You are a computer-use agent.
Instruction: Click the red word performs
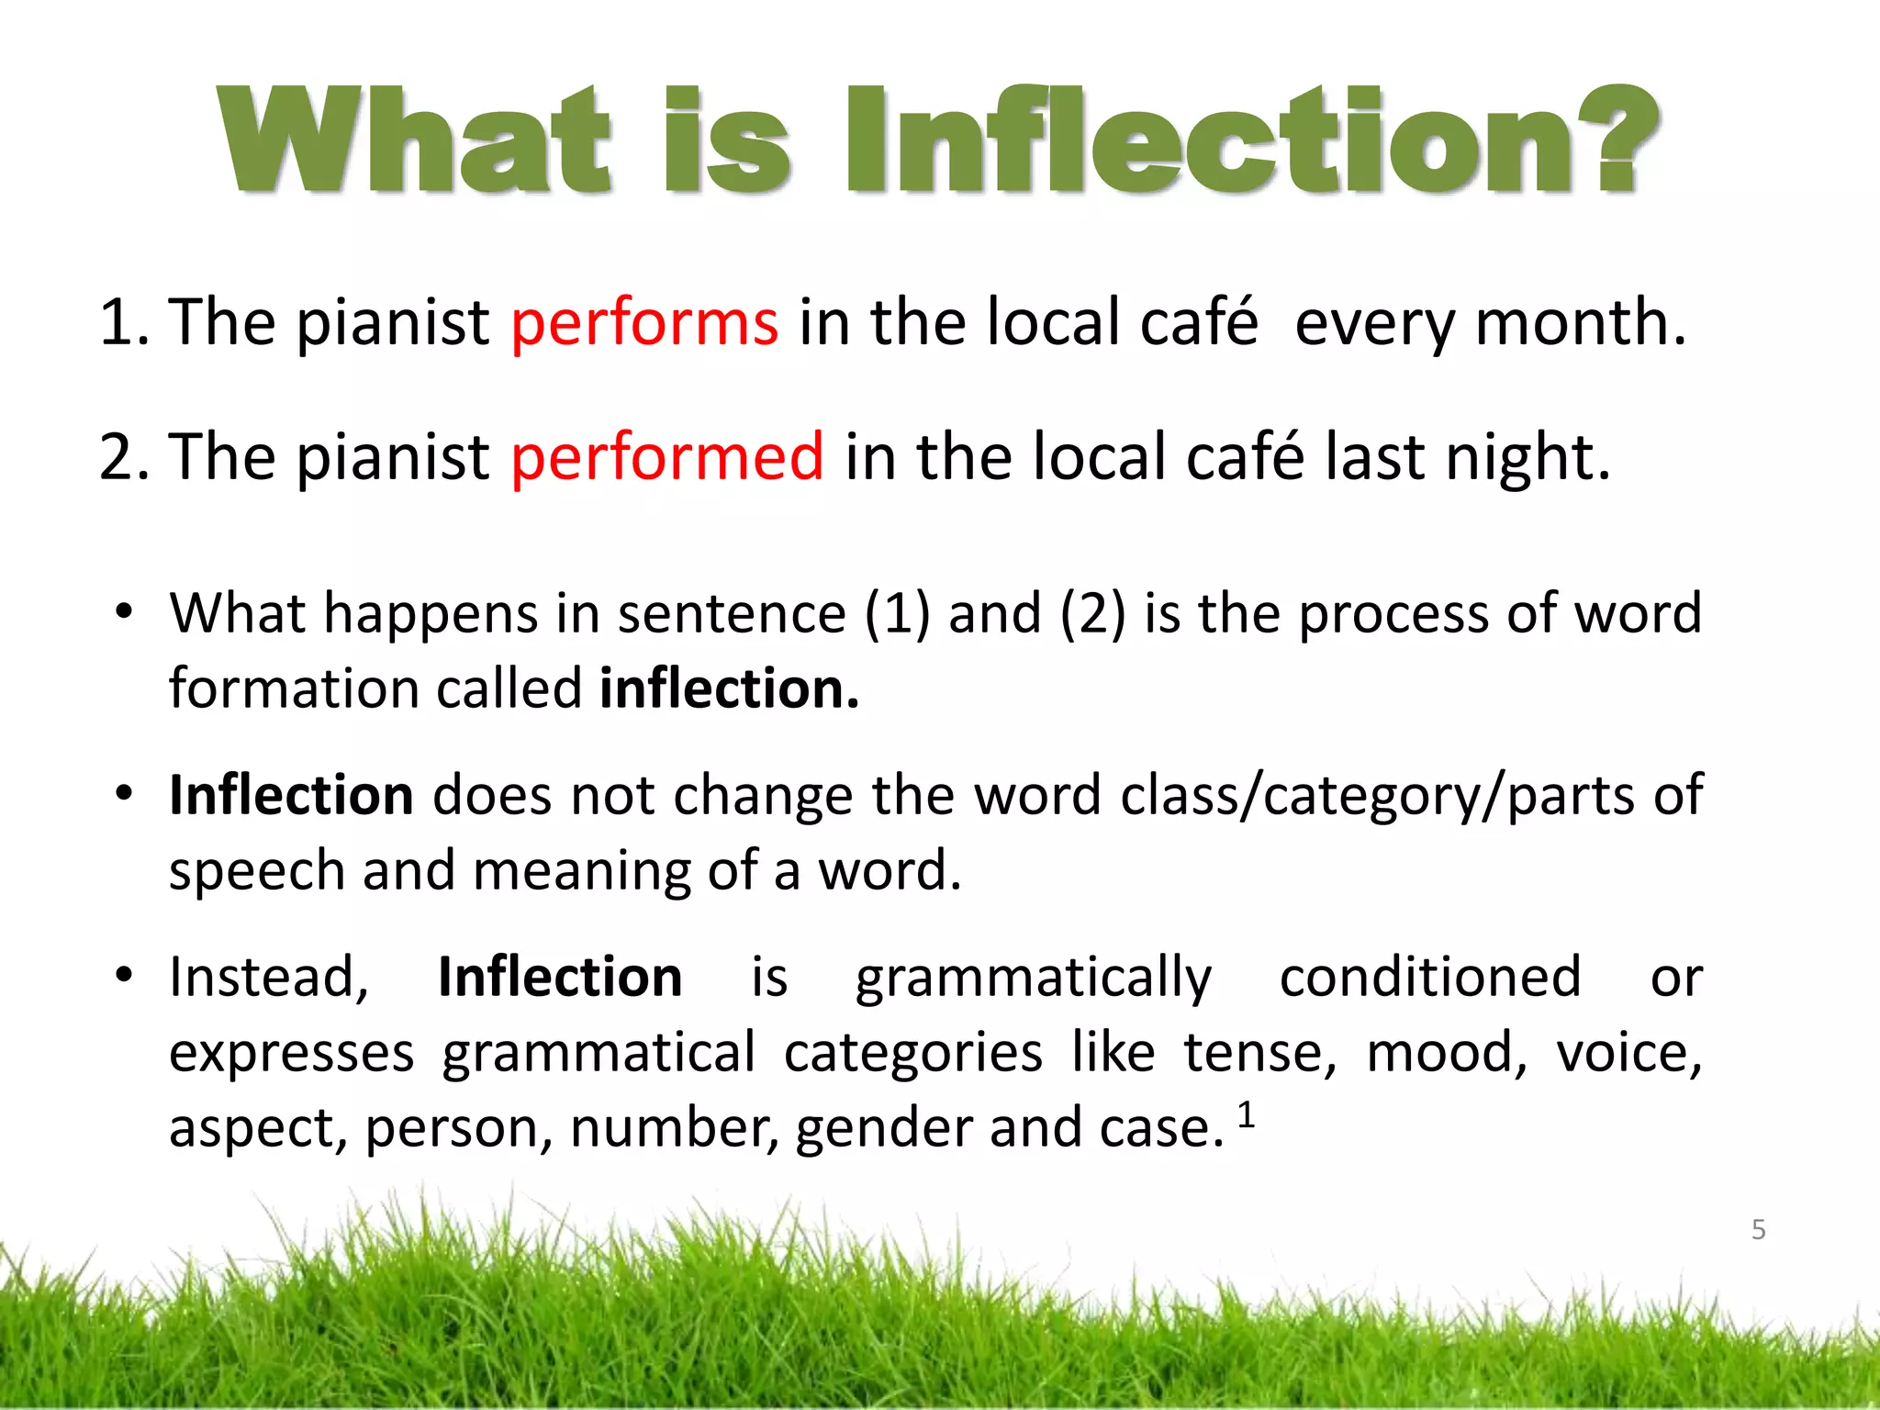pyautogui.click(x=644, y=323)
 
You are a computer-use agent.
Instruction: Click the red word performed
pyautogui.click(x=667, y=457)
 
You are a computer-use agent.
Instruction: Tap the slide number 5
pyautogui.click(x=1758, y=1229)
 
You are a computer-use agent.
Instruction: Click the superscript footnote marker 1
pyautogui.click(x=1246, y=1115)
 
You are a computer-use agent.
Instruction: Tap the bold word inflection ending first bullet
pyautogui.click(x=729, y=688)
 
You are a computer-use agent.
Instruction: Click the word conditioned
pyautogui.click(x=1430, y=977)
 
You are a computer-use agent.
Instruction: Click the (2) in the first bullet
pyautogui.click(x=1091, y=613)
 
